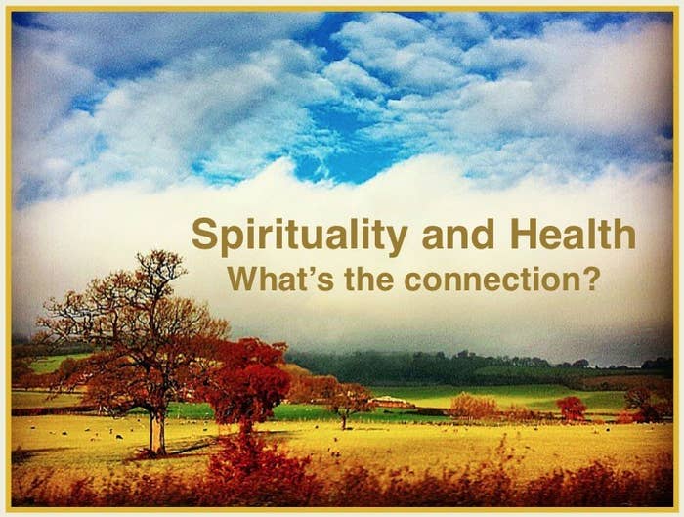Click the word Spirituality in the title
tap(300, 237)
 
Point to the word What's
tap(281, 279)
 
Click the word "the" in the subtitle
tap(369, 279)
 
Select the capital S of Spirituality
tap(205, 234)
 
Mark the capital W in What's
tap(244, 279)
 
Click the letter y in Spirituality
tap(396, 241)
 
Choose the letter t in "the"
tap(350, 280)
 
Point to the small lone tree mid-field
tap(346, 405)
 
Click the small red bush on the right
tap(571, 409)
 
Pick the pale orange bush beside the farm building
tap(473, 407)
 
